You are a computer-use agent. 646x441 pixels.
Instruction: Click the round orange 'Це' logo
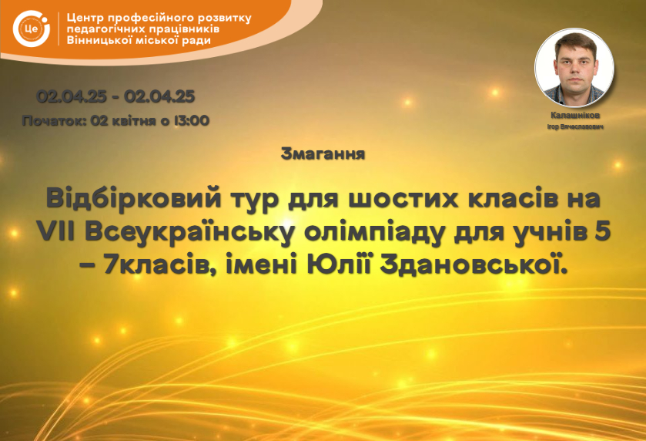pos(31,29)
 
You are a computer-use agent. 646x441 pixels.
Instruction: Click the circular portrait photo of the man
pos(574,68)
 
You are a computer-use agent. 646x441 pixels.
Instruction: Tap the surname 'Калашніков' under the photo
pos(575,116)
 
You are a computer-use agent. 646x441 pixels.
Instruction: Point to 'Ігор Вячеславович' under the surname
pos(575,126)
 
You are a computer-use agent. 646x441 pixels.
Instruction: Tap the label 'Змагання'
pos(323,154)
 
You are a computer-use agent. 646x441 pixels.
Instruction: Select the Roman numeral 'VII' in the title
pos(56,232)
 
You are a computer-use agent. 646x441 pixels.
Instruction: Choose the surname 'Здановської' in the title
pos(474,266)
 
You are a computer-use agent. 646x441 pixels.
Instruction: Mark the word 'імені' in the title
pos(262,266)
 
